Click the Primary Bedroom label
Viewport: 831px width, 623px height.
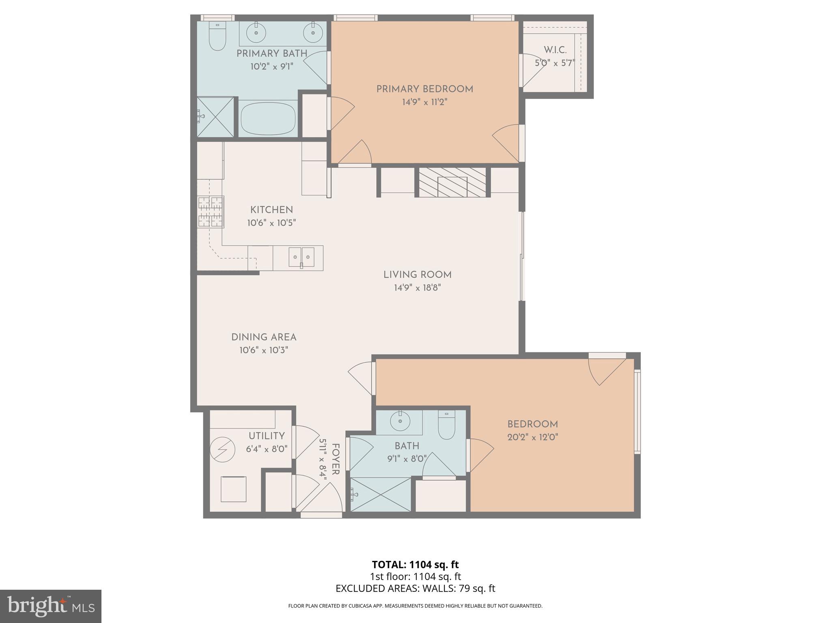coord(424,89)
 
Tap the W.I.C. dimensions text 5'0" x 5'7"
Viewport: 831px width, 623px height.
coord(555,63)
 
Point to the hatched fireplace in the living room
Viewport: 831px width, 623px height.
coord(452,183)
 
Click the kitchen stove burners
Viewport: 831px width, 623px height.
coord(210,211)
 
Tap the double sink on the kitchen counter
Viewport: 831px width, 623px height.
coord(301,257)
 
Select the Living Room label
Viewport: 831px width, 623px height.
coord(417,275)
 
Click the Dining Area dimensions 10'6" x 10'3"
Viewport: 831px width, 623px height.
coord(263,350)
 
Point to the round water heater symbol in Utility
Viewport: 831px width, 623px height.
coord(223,449)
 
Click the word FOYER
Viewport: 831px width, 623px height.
coord(336,459)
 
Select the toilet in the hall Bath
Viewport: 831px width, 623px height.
coord(446,426)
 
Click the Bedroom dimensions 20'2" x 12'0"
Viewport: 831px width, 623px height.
coord(532,437)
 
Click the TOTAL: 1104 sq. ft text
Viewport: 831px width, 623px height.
coord(415,565)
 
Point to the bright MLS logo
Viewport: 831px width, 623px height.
coord(50,606)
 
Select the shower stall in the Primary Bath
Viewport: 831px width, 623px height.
coord(215,117)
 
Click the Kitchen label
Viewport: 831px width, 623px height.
coord(271,210)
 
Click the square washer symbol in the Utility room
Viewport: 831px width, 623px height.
coord(233,489)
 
